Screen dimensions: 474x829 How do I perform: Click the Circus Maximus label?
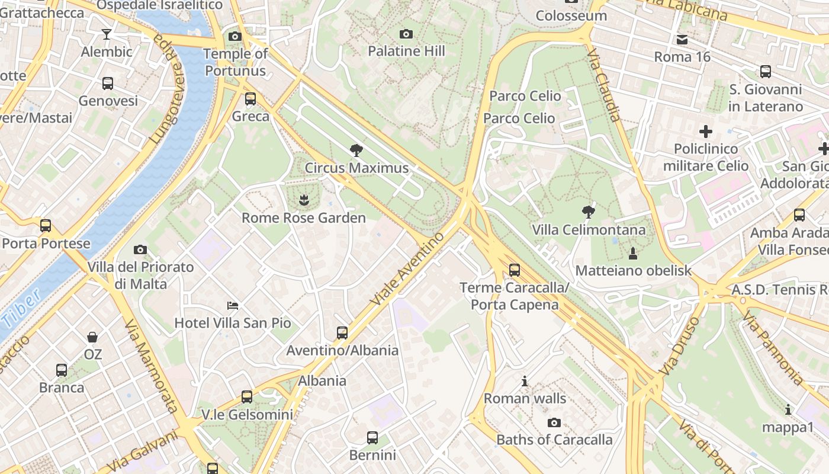[356, 168]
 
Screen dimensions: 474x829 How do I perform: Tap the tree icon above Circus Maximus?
[356, 150]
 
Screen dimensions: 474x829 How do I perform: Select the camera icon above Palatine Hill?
[406, 34]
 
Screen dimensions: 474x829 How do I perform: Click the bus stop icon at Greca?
[250, 98]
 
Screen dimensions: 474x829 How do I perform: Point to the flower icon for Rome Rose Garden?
[304, 200]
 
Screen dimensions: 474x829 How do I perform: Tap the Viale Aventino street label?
[407, 269]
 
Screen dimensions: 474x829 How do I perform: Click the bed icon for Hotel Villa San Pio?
[233, 306]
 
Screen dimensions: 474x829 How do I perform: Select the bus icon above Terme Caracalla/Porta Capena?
[515, 270]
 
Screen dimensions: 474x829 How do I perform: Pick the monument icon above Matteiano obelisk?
[633, 254]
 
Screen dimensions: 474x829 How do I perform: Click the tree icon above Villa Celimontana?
[588, 212]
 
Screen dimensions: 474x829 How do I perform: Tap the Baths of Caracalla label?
[554, 440]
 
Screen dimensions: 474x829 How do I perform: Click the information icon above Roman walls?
[525, 381]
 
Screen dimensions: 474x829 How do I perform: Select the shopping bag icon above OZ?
[92, 337]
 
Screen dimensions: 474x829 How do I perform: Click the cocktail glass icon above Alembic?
[107, 34]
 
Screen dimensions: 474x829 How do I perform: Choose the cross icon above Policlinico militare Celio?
[705, 131]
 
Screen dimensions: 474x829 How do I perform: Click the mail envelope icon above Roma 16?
[682, 40]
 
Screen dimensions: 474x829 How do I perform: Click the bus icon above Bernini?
[372, 438]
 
